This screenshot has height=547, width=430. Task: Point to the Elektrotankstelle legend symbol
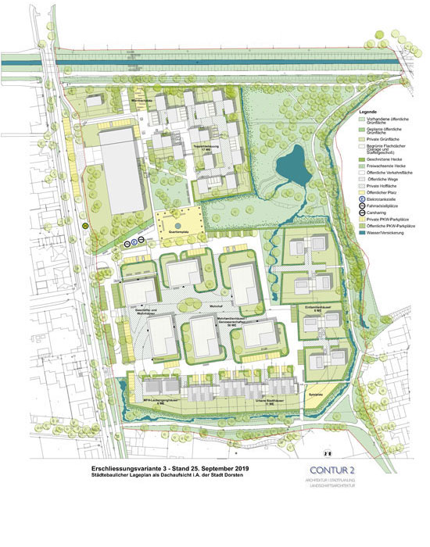point(362,199)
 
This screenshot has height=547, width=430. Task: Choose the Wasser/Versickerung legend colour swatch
point(362,232)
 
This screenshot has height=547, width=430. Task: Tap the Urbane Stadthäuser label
point(269,404)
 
